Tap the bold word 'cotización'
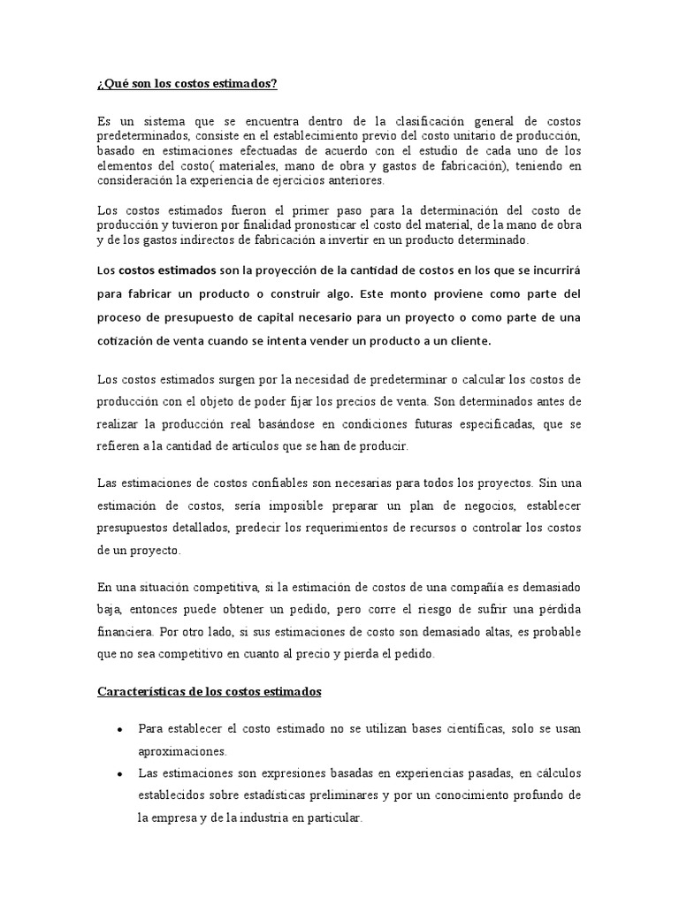[x=125, y=340]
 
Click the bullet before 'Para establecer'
[x=119, y=730]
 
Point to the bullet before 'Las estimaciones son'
[x=119, y=774]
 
